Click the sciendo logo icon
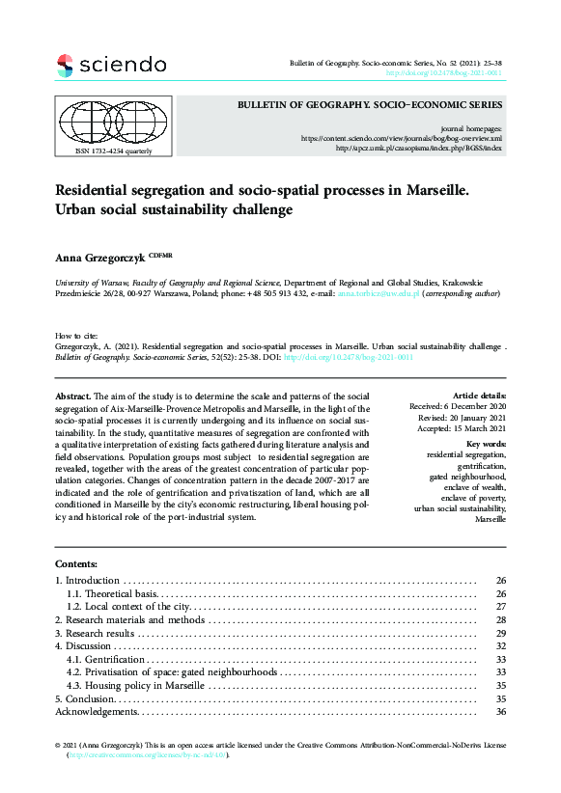point(65,66)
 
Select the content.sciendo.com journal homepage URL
point(401,138)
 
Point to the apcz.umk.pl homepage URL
point(418,149)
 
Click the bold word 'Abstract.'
point(73,396)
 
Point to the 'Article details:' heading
point(478,396)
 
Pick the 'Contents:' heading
point(76,563)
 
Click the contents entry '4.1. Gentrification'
point(105,659)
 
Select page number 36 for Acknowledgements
point(500,712)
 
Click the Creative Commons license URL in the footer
point(147,755)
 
